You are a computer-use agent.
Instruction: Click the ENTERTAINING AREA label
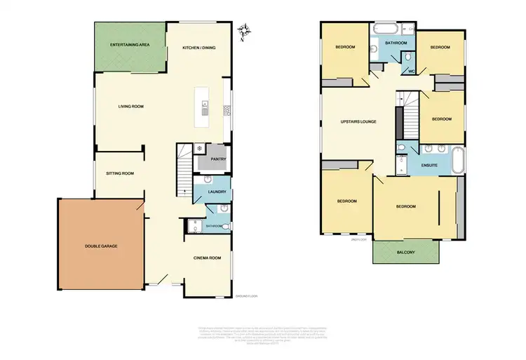tap(130, 46)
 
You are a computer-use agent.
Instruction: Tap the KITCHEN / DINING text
tap(198, 47)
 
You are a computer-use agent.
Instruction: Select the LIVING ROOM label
tap(130, 107)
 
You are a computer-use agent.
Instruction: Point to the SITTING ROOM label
tap(120, 173)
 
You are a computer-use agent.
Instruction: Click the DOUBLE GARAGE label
tap(102, 246)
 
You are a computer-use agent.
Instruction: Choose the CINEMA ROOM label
tap(208, 258)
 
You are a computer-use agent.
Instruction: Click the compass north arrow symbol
tap(245, 29)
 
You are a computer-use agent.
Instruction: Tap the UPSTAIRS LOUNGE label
tap(358, 121)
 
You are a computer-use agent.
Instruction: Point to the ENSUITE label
tap(429, 166)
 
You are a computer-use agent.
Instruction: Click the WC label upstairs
tap(408, 71)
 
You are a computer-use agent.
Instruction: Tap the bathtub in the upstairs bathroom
tap(384, 30)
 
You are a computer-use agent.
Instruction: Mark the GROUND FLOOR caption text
tap(247, 296)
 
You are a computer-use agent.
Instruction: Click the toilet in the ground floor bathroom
tap(223, 210)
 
